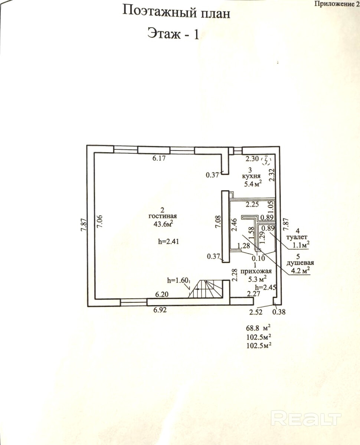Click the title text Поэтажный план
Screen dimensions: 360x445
click(x=176, y=12)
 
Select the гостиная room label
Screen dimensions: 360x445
click(x=163, y=216)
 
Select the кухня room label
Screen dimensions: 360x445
click(x=251, y=177)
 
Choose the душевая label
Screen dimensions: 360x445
click(x=297, y=263)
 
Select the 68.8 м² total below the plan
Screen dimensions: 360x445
click(x=256, y=328)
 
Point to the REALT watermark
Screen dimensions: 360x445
click(x=306, y=419)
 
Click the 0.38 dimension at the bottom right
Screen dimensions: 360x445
click(x=279, y=312)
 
